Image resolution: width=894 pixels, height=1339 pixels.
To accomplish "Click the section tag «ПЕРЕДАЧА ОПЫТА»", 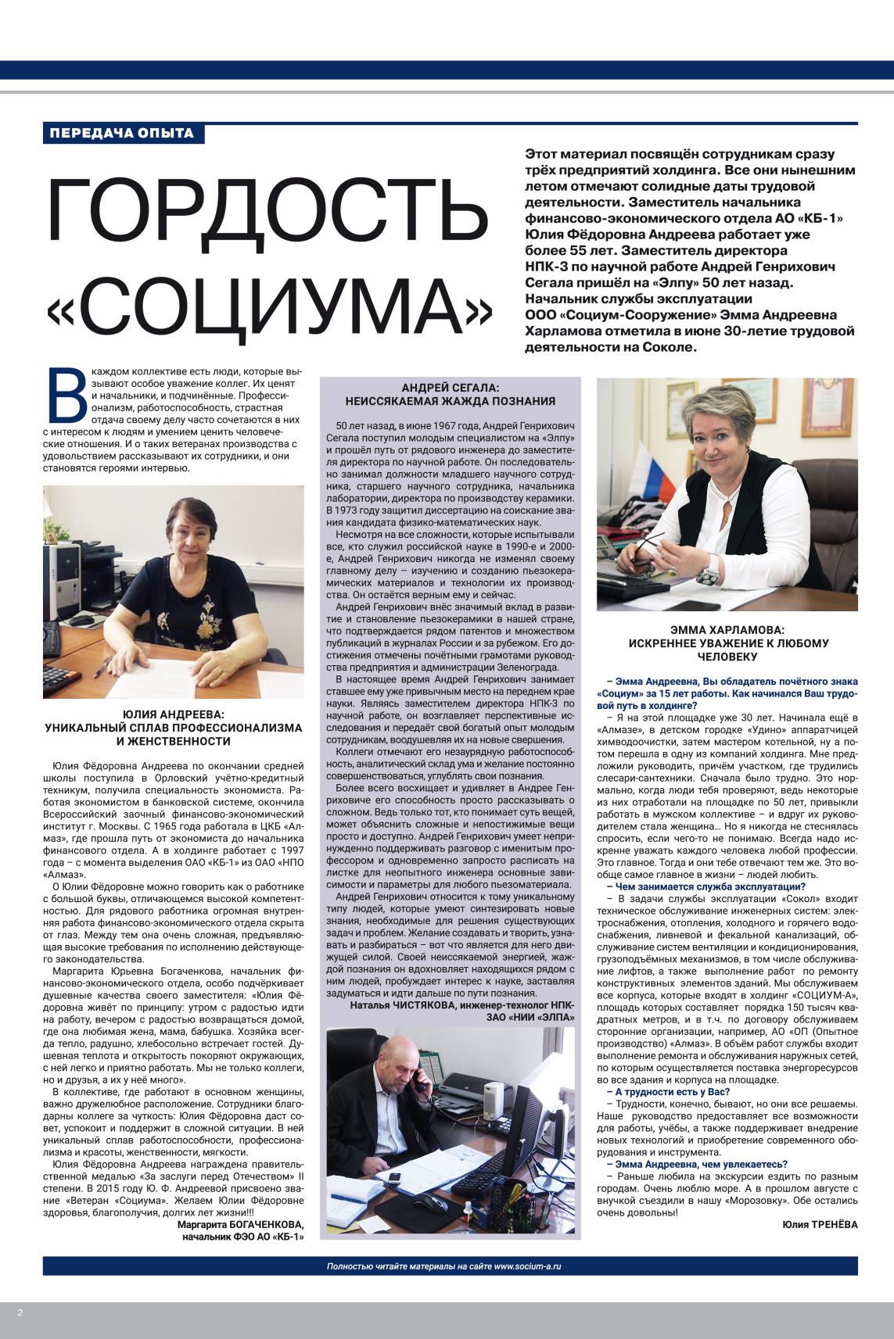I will (x=123, y=132).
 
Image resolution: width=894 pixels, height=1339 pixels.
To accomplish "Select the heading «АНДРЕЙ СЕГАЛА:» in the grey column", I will (x=450, y=388).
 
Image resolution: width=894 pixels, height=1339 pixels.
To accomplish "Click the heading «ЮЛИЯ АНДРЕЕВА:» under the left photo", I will (x=174, y=714).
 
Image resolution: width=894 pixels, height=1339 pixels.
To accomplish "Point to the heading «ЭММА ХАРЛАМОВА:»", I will (x=727, y=628).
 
